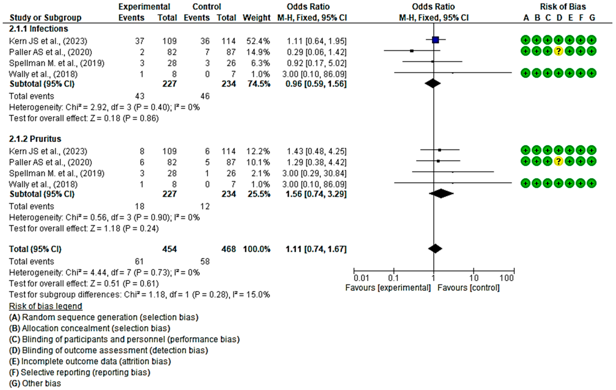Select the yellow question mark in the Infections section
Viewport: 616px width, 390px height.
pos(559,51)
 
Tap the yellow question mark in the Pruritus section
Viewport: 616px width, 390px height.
pos(559,161)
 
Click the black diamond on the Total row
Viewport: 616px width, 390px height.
pos(435,248)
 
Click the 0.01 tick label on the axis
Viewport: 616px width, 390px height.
pos(361,278)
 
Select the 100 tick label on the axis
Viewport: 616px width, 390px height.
pos(506,278)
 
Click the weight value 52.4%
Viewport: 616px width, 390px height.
pos(258,41)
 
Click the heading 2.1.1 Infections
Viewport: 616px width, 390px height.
pos(38,29)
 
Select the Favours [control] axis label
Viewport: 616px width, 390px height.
pos(468,288)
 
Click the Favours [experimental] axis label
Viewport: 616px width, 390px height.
pos(388,288)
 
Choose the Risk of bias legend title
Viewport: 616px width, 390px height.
pos(46,306)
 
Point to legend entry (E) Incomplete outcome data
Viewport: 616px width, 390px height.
pos(90,361)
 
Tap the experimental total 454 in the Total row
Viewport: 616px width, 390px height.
pos(169,249)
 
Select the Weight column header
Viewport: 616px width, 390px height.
pos(256,18)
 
